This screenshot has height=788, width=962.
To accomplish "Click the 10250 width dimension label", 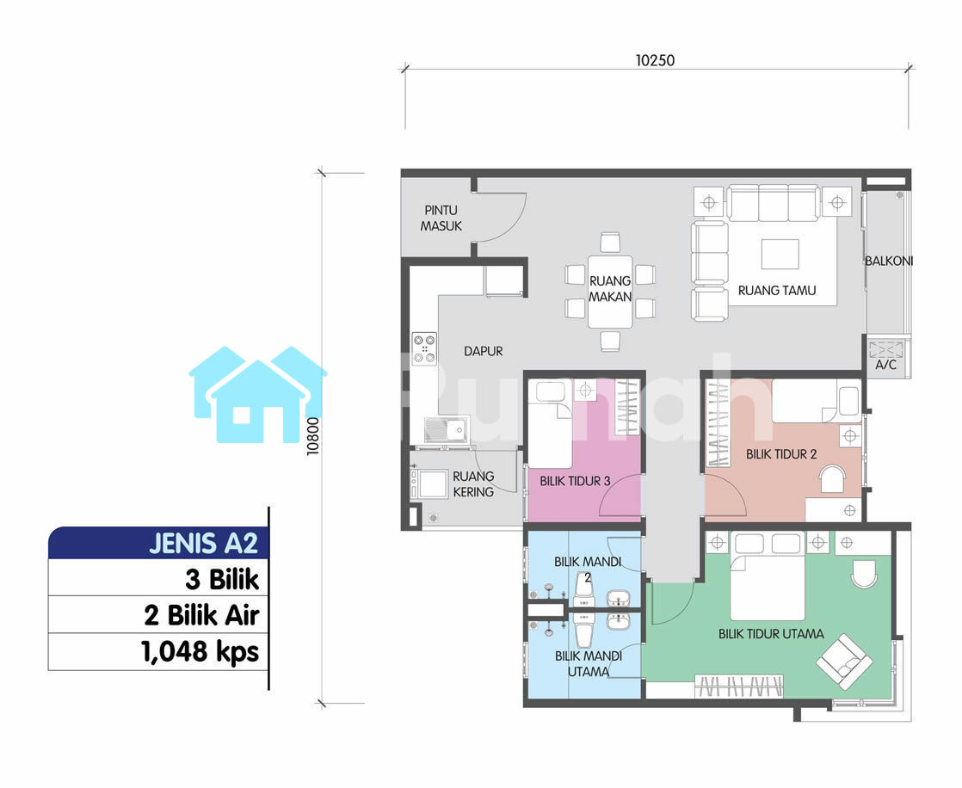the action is coord(655,60).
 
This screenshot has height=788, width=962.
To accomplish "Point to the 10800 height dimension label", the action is coord(313,436).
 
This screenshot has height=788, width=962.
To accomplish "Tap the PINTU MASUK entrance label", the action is coord(441,219).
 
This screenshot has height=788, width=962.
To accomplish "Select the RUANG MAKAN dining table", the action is coord(610,292).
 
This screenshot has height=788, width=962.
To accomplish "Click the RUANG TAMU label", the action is coord(777,290).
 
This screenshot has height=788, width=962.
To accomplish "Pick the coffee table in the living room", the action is coord(780,254).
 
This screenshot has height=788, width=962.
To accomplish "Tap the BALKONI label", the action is coord(888,261).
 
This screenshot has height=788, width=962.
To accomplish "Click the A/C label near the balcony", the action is coord(885,365).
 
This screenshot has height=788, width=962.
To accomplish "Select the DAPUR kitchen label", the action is coord(483,351).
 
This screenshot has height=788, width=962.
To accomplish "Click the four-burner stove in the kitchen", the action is coord(424,348).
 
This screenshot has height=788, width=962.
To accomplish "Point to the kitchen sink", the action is coord(446,430).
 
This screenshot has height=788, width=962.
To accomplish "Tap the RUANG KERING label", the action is coord(473,483).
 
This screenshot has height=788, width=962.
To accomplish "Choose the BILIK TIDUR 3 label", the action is coord(575,482).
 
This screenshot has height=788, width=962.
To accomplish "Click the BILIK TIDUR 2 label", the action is coord(781,454).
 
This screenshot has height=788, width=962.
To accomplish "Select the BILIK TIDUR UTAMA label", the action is coord(771,634).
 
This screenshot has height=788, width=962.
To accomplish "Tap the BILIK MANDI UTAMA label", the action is coord(588,663).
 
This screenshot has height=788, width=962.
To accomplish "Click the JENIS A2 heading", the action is coord(203,544).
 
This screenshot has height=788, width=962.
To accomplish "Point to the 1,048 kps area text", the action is coord(200,652).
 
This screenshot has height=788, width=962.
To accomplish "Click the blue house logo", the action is coord(257,394).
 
